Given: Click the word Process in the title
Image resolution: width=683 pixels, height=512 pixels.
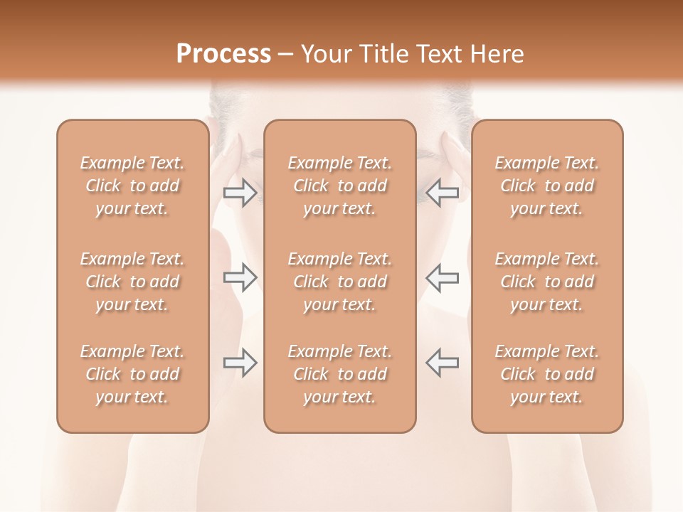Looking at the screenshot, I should point(223,54).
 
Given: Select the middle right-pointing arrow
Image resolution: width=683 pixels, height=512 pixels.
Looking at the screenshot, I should point(240,277).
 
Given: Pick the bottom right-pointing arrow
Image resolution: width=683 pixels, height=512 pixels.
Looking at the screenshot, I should point(240,363).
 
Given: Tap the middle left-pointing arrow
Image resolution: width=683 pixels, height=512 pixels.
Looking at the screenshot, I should point(443,277).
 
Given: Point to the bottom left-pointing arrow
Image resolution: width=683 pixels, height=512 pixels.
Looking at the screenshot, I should point(443,363).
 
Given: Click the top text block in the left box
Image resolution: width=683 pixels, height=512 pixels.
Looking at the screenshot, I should point(132,186).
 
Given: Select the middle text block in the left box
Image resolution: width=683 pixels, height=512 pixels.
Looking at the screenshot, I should point(132,282).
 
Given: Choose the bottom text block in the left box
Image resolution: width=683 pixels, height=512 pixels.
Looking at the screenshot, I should point(132,374).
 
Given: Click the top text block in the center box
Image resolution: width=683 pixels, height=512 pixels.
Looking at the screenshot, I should point(340,186).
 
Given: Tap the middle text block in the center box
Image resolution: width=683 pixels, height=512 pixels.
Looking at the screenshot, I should point(340,282).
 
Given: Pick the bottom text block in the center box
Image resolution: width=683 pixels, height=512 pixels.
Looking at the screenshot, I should point(340,374).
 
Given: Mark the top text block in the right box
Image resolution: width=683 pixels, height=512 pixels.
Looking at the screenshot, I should point(547,186).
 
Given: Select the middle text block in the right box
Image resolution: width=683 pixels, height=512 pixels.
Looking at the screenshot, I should point(547,282).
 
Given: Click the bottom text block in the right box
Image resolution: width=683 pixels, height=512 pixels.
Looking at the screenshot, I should point(547,374).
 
